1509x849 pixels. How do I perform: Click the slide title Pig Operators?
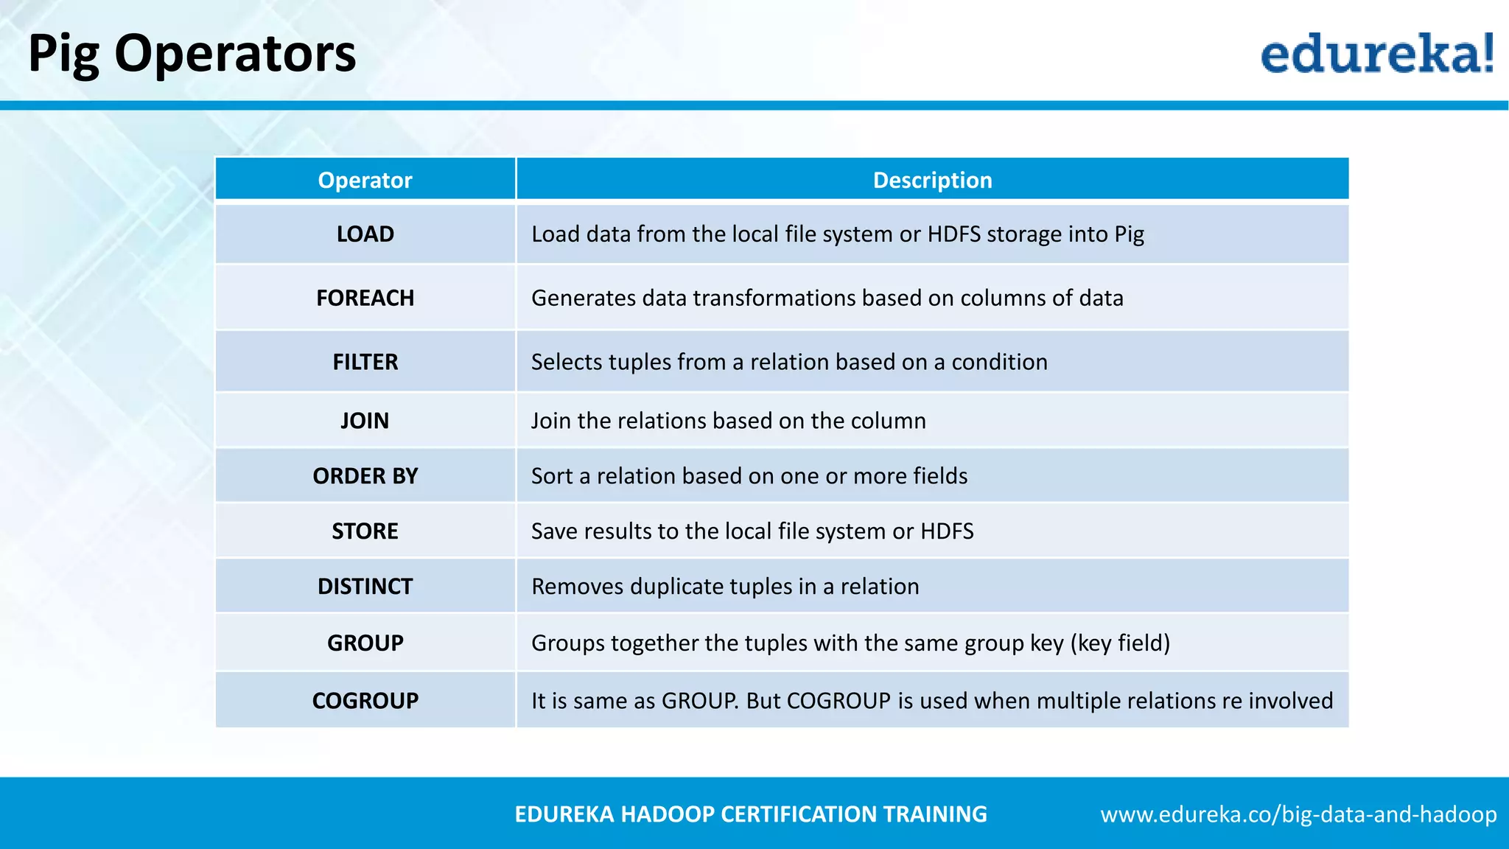coord(192,54)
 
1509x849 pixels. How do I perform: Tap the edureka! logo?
coord(1376,54)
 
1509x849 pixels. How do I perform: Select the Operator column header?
coord(365,180)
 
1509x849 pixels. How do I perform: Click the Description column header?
coord(932,180)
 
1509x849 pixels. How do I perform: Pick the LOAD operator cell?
coord(365,234)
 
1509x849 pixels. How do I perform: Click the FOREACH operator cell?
coord(365,298)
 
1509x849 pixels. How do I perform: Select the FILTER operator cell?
coord(365,362)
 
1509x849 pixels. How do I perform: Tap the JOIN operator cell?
coord(365,421)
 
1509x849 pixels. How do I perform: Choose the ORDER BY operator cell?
coord(365,476)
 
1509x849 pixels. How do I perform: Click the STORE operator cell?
coord(365,531)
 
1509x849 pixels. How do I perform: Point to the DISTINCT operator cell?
coord(365,587)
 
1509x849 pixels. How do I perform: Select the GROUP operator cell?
coord(365,643)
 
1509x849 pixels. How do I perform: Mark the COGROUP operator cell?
coord(365,700)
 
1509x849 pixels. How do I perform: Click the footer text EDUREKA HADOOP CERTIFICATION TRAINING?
coord(750,814)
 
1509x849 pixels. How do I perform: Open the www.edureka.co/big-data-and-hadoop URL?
coord(1298,814)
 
